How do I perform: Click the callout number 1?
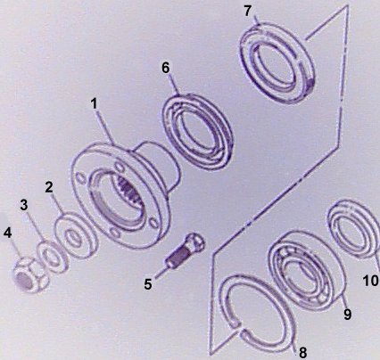pos(94,104)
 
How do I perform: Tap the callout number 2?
pos(49,187)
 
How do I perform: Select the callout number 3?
pos(24,205)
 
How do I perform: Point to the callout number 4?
pos(8,233)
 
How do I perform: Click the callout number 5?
pos(148,284)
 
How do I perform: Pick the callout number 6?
pos(166,68)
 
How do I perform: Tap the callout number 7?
pos(248,12)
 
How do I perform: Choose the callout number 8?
pos(302,353)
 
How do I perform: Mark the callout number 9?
pos(347,314)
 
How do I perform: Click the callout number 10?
pos(371,281)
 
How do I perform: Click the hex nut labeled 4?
pos(31,274)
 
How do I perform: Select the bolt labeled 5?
pos(185,250)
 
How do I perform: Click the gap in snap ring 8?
pos(240,326)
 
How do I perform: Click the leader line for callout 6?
pos(174,84)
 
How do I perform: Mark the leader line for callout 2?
pos(58,204)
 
